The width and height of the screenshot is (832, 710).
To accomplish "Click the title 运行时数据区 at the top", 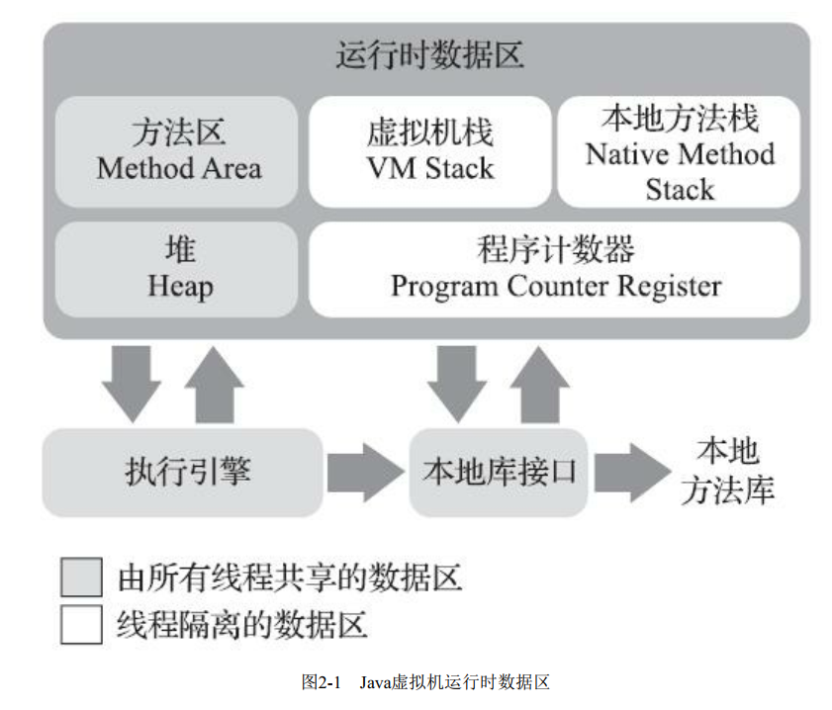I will (428, 55).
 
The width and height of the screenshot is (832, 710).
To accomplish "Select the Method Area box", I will (178, 150).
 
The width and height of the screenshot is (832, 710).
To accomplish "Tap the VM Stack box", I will (429, 150).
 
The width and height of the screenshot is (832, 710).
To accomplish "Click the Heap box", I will (178, 268).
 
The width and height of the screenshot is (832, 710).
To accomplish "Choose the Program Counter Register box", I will (555, 268).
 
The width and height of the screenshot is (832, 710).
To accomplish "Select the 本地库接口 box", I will (499, 472).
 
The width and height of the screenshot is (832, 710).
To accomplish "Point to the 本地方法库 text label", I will (727, 472).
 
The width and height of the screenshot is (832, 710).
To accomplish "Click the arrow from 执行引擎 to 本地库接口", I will (362, 472).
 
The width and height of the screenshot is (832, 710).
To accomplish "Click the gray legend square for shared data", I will (81, 577).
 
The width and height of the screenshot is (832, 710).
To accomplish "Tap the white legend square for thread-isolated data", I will (81, 624).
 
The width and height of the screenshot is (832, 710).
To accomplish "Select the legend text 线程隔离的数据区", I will (242, 624).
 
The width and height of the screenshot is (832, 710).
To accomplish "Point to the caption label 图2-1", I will (322, 682).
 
